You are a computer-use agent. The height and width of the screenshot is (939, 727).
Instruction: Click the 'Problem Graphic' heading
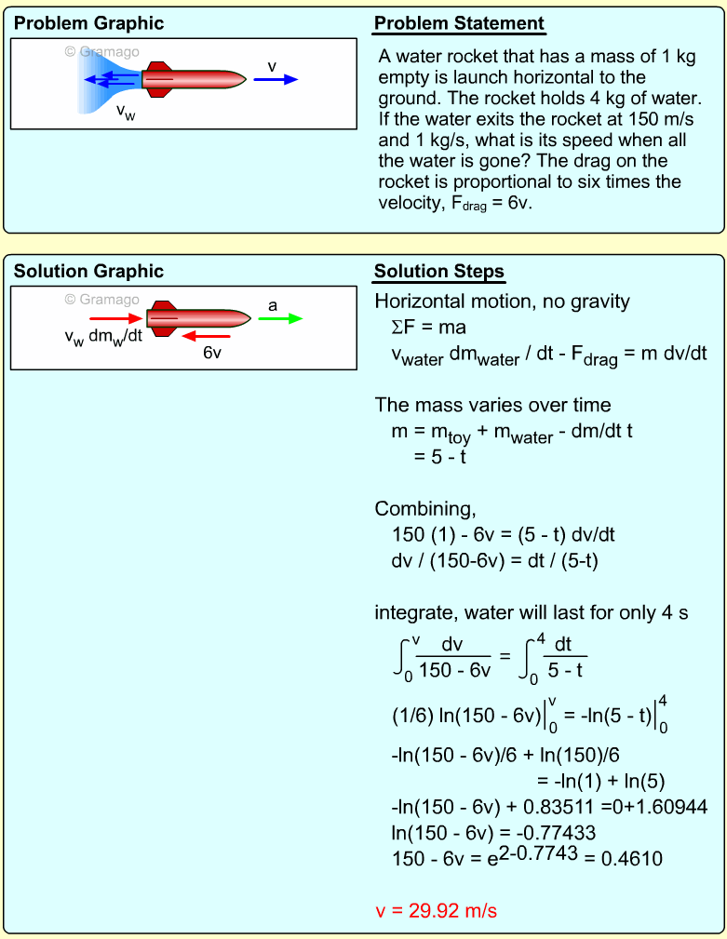click(88, 23)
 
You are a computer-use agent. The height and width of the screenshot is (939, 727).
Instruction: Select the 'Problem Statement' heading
click(459, 23)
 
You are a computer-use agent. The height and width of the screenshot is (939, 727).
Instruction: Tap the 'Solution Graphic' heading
click(88, 271)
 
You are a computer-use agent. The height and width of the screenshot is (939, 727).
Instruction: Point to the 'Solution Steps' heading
click(438, 272)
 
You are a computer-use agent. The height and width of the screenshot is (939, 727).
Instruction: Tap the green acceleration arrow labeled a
click(280, 318)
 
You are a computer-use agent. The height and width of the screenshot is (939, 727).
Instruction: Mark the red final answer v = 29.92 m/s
click(436, 910)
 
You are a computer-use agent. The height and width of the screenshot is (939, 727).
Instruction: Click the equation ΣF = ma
click(428, 328)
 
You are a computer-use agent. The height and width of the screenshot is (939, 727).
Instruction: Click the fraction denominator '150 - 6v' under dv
click(453, 667)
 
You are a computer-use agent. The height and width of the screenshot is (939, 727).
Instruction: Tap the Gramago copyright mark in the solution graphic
click(101, 299)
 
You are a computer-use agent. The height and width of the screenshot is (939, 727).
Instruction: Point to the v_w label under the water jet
click(125, 112)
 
